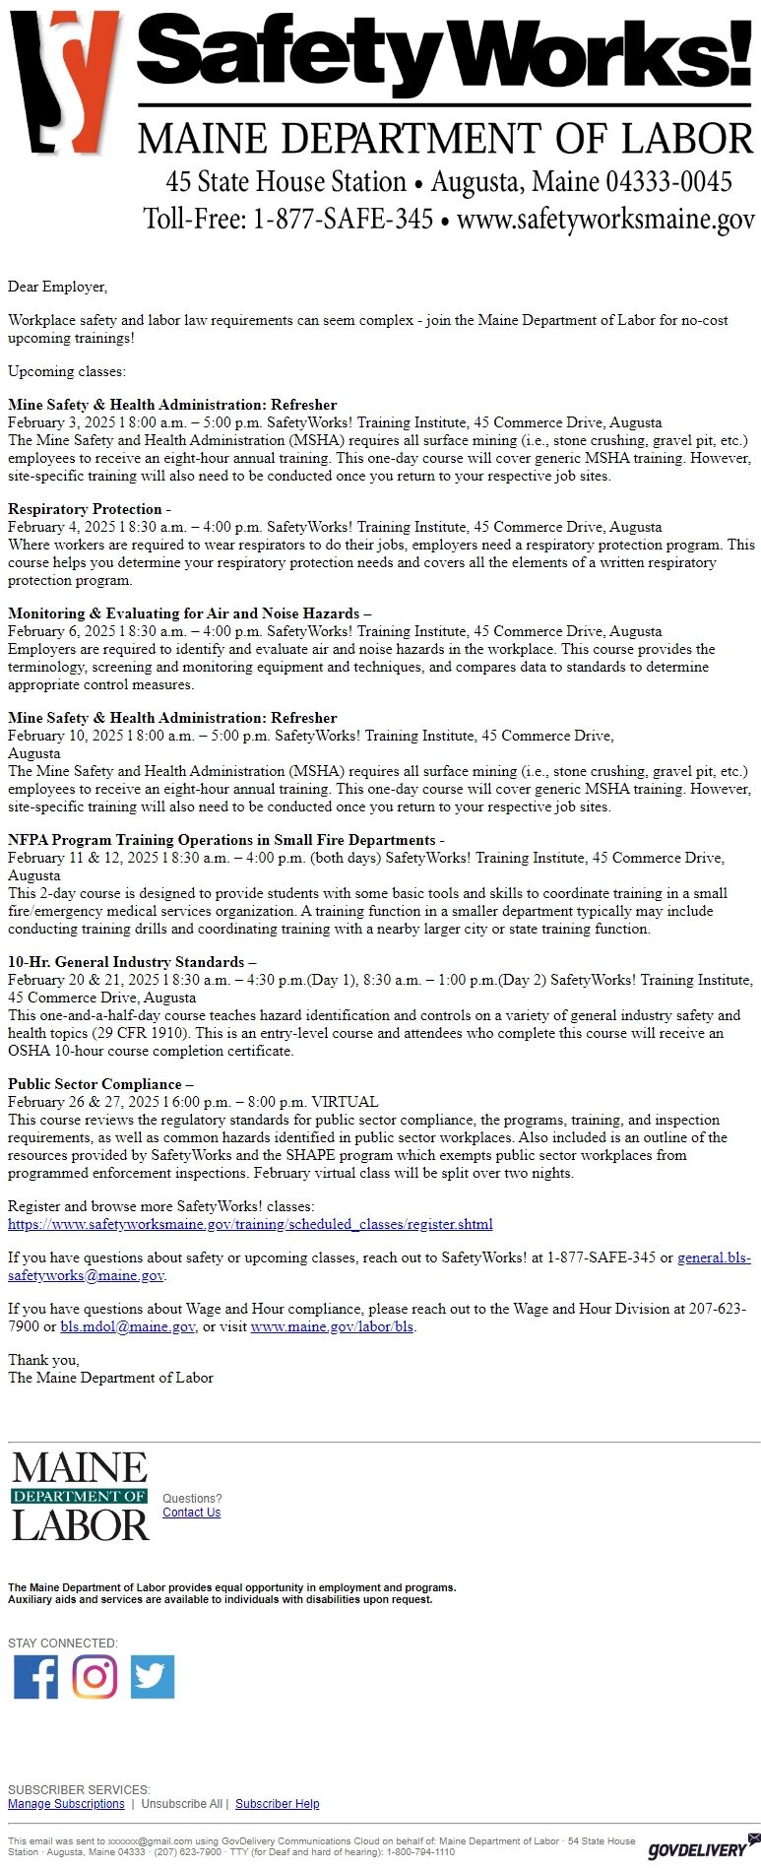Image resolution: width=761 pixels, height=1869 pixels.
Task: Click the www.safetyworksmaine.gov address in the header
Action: [605, 218]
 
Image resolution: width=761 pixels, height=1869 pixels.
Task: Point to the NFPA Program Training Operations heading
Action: [222, 840]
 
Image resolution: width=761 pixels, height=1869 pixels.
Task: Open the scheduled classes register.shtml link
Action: [250, 1224]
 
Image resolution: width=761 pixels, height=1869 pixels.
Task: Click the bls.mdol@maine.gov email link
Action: [127, 1326]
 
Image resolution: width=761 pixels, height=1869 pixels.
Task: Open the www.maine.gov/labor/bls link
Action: [332, 1326]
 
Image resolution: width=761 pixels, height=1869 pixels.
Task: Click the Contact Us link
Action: [191, 1513]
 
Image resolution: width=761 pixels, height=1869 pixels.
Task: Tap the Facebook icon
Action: [35, 1677]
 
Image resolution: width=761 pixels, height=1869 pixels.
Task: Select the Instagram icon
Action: [95, 1677]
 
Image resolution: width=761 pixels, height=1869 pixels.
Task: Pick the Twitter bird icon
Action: [153, 1677]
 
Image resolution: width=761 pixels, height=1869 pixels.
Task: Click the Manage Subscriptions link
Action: [66, 1804]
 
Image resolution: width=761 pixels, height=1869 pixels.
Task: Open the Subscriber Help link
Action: [277, 1804]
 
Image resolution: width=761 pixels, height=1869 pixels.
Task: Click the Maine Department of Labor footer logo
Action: [80, 1496]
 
